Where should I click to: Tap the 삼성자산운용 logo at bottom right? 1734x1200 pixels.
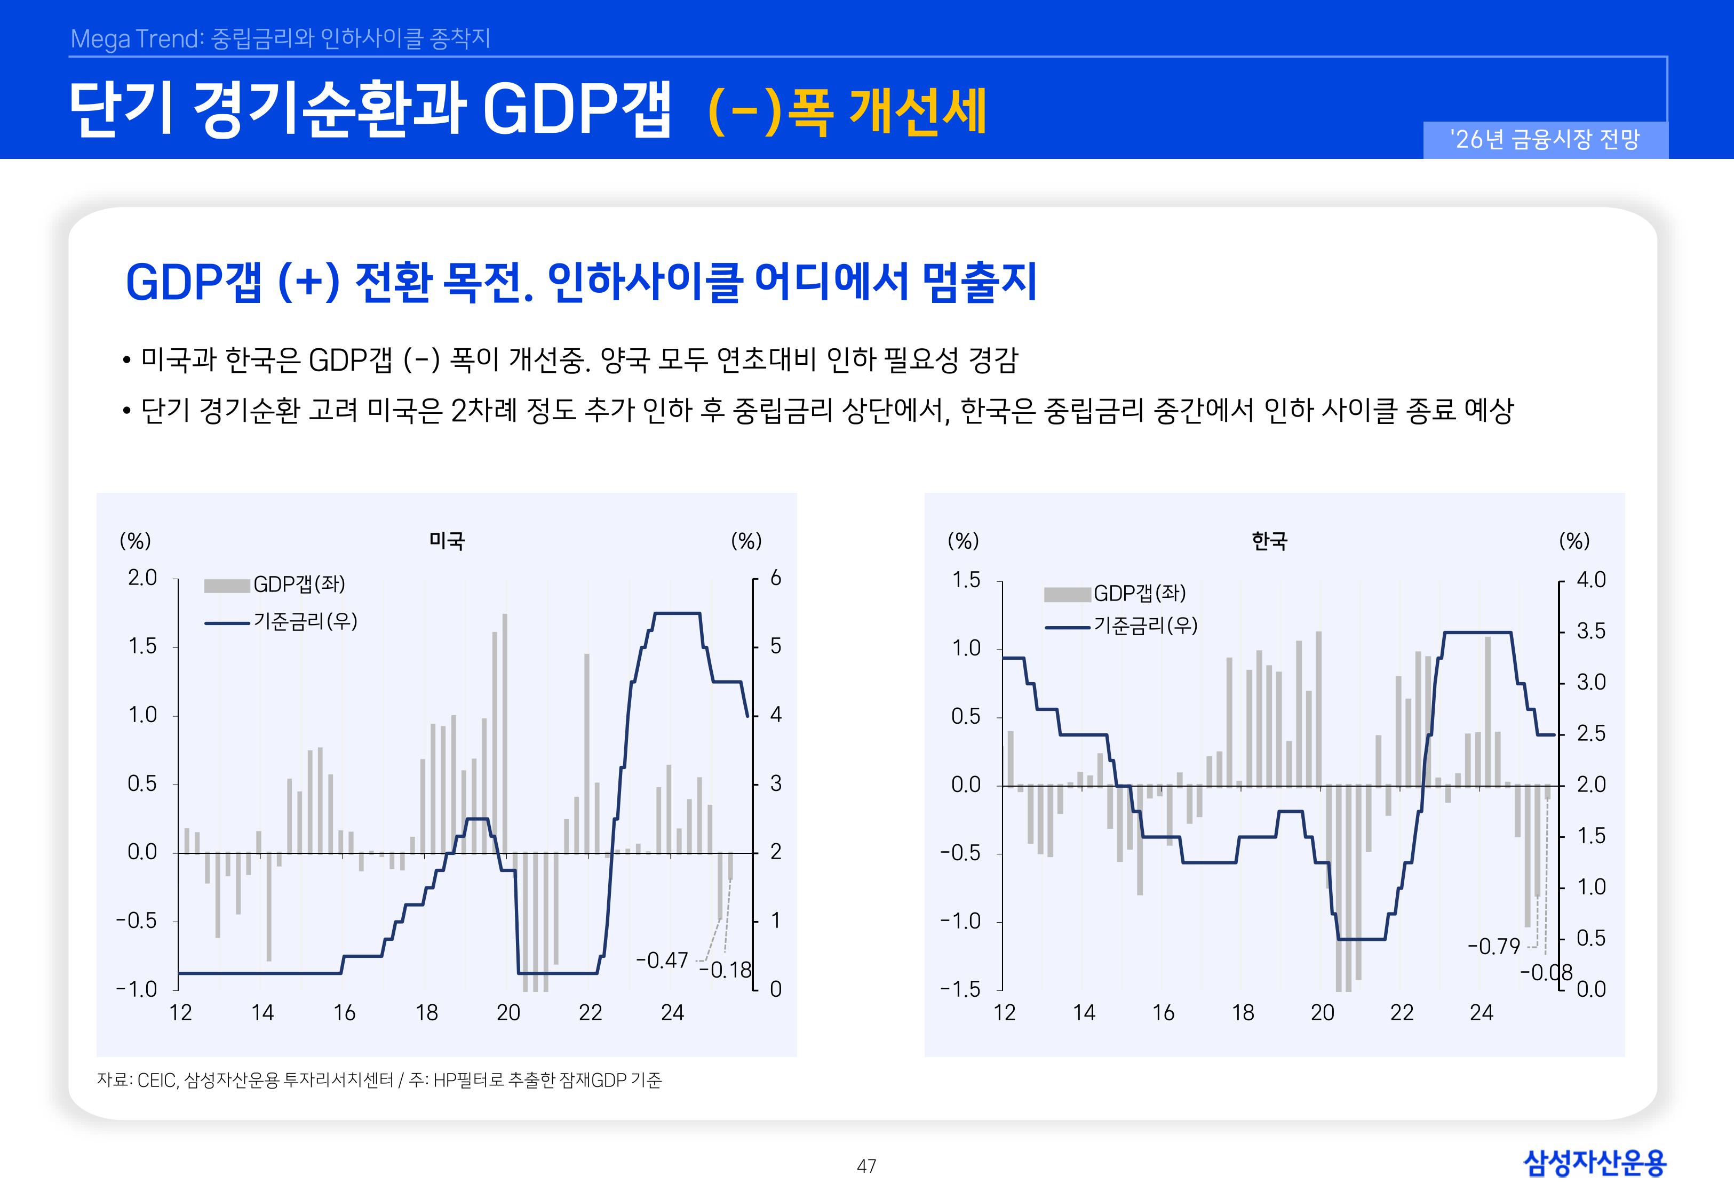click(1594, 1163)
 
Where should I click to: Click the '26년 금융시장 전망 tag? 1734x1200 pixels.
click(1545, 139)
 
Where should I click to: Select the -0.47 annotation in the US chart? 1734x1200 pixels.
click(662, 960)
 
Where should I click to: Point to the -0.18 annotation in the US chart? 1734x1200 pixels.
click(726, 971)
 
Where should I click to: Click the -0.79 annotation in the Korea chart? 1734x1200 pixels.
click(1493, 946)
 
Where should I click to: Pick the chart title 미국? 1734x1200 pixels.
click(447, 541)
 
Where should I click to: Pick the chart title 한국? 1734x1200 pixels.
click(1269, 541)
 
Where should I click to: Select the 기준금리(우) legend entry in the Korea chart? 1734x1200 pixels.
click(1144, 626)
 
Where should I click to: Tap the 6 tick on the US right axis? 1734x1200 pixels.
click(775, 578)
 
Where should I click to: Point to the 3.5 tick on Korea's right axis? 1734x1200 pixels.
click(1590, 631)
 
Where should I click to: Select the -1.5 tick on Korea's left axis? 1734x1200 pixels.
click(960, 989)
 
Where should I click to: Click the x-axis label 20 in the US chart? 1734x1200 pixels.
click(508, 1013)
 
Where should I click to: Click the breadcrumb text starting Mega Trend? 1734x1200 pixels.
click(280, 38)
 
